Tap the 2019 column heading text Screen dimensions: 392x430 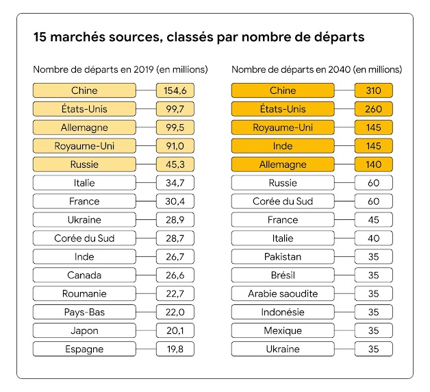click(x=120, y=70)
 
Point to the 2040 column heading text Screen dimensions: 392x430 click(x=316, y=70)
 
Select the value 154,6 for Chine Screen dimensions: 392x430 click(x=175, y=90)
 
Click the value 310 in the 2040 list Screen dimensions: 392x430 click(x=373, y=90)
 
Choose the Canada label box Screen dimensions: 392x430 click(x=84, y=275)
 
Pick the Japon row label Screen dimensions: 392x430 click(x=84, y=331)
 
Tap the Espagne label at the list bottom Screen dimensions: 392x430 click(x=84, y=350)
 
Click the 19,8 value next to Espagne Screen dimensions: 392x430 click(x=175, y=350)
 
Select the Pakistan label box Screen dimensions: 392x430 click(x=283, y=257)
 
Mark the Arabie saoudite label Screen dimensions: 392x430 click(x=283, y=294)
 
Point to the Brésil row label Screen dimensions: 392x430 click(x=283, y=275)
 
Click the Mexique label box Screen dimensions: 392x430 click(x=283, y=331)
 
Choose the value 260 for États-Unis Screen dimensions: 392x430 click(x=373, y=109)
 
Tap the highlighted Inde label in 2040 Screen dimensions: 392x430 click(x=283, y=146)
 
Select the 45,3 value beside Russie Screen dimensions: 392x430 click(x=175, y=164)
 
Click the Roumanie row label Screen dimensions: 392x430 click(x=84, y=294)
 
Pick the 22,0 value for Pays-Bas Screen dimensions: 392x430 click(x=175, y=313)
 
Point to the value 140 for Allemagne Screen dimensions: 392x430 click(x=373, y=164)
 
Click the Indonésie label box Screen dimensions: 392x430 click(x=283, y=313)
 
